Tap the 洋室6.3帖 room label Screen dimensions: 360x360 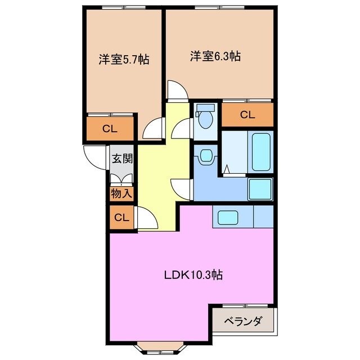pyautogui.click(x=215, y=56)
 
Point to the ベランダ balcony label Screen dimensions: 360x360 pyautogui.click(x=243, y=322)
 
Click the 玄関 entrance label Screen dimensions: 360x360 pyautogui.click(x=121, y=158)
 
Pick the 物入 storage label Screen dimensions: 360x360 pyautogui.click(x=121, y=194)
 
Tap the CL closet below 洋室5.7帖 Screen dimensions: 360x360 pyautogui.click(x=110, y=128)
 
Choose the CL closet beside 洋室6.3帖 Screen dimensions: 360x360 pyautogui.click(x=247, y=115)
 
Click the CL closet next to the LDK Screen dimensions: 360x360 pyautogui.click(x=121, y=218)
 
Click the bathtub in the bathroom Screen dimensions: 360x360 pyautogui.click(x=261, y=151)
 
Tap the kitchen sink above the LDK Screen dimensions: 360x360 pyautogui.click(x=229, y=217)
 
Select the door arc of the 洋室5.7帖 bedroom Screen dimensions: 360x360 pyautogui.click(x=152, y=130)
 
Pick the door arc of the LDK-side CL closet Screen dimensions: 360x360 pyautogui.click(x=145, y=218)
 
